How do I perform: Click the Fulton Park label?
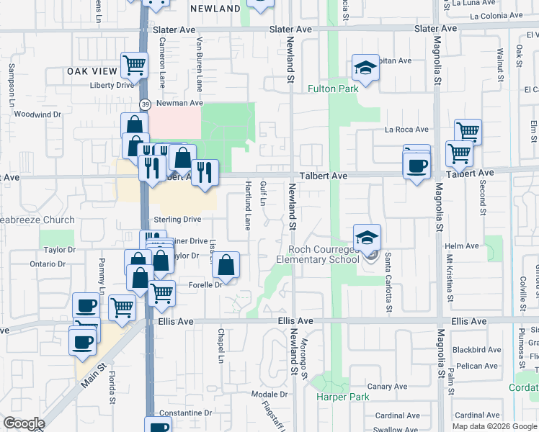point(333,89)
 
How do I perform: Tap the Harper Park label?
point(342,397)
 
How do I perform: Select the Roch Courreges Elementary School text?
point(318,254)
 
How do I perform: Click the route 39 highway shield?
point(145,104)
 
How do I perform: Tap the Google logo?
point(24,423)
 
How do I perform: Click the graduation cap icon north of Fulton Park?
point(365,69)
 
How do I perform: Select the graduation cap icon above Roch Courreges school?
point(367,237)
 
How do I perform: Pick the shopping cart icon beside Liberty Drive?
point(134,66)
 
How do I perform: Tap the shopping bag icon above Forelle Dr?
point(226,265)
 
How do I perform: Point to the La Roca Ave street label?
point(406,130)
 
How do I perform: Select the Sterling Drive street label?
point(177,220)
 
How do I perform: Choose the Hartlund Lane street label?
point(247,201)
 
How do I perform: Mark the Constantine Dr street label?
point(186,413)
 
